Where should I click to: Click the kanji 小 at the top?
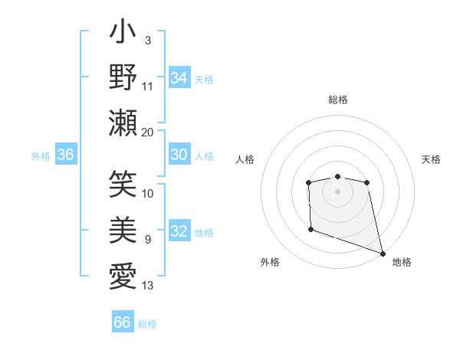(x=123, y=34)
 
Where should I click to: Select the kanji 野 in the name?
(x=123, y=77)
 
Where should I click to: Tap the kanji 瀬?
(x=123, y=123)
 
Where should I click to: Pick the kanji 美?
(x=123, y=231)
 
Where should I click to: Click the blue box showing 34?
(x=179, y=77)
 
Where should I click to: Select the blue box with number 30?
(x=179, y=155)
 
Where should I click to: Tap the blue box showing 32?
(x=179, y=232)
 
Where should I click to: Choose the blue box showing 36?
(x=66, y=155)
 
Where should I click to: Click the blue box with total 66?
(x=123, y=322)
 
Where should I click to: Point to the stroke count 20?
(x=148, y=132)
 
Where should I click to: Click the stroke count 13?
(x=148, y=286)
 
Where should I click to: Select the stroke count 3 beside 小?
(x=148, y=40)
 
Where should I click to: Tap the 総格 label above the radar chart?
(x=337, y=100)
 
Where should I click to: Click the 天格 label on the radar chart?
(x=431, y=159)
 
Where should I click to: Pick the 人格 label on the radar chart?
(x=245, y=159)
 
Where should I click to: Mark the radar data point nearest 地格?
(x=383, y=254)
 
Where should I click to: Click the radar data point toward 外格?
(x=310, y=229)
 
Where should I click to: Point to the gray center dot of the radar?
(x=337, y=191)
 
